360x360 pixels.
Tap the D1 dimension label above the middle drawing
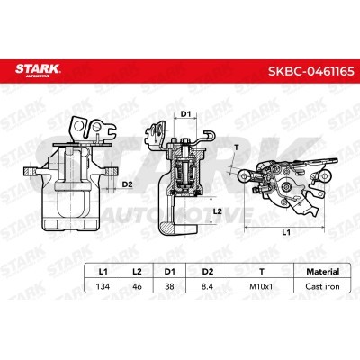186,114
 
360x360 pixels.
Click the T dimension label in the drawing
236,147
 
